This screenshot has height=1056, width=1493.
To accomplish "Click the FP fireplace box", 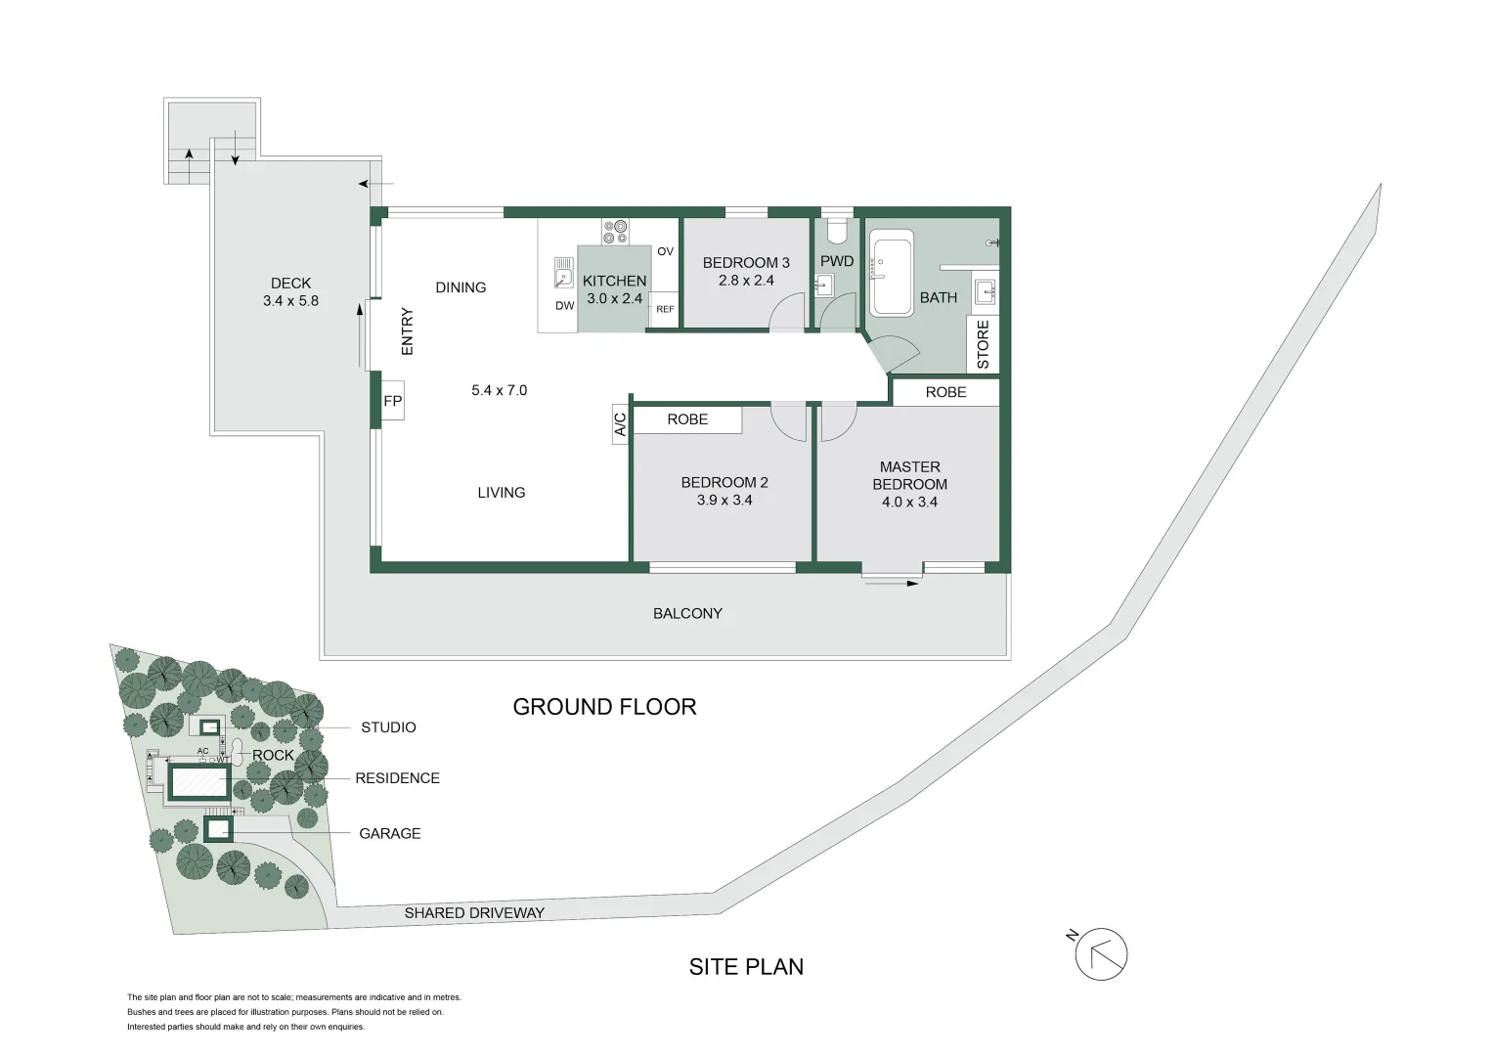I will [392, 401].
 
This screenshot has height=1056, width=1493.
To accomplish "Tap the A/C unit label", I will [620, 424].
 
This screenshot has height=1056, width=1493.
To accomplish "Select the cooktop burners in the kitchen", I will [615, 232].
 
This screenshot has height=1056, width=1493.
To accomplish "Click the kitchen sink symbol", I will [563, 273].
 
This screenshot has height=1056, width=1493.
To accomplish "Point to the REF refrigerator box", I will [665, 309].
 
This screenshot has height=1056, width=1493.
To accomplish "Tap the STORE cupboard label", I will [983, 344].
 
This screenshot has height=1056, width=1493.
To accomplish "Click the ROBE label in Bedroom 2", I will [687, 419].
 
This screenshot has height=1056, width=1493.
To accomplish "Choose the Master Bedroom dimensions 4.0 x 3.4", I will [909, 503].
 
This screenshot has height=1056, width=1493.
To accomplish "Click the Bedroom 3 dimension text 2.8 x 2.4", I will [746, 281].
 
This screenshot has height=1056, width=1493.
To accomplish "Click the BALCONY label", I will [687, 614].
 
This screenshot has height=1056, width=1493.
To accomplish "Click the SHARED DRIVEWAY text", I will [474, 913].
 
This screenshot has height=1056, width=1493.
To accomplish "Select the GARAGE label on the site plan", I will [390, 834].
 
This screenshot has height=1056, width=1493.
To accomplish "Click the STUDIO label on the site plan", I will [388, 727].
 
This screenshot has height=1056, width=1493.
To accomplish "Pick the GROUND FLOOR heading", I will [604, 707].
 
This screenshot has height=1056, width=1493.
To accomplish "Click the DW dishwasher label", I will [565, 306].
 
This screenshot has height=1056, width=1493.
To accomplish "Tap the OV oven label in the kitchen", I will [665, 252].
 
